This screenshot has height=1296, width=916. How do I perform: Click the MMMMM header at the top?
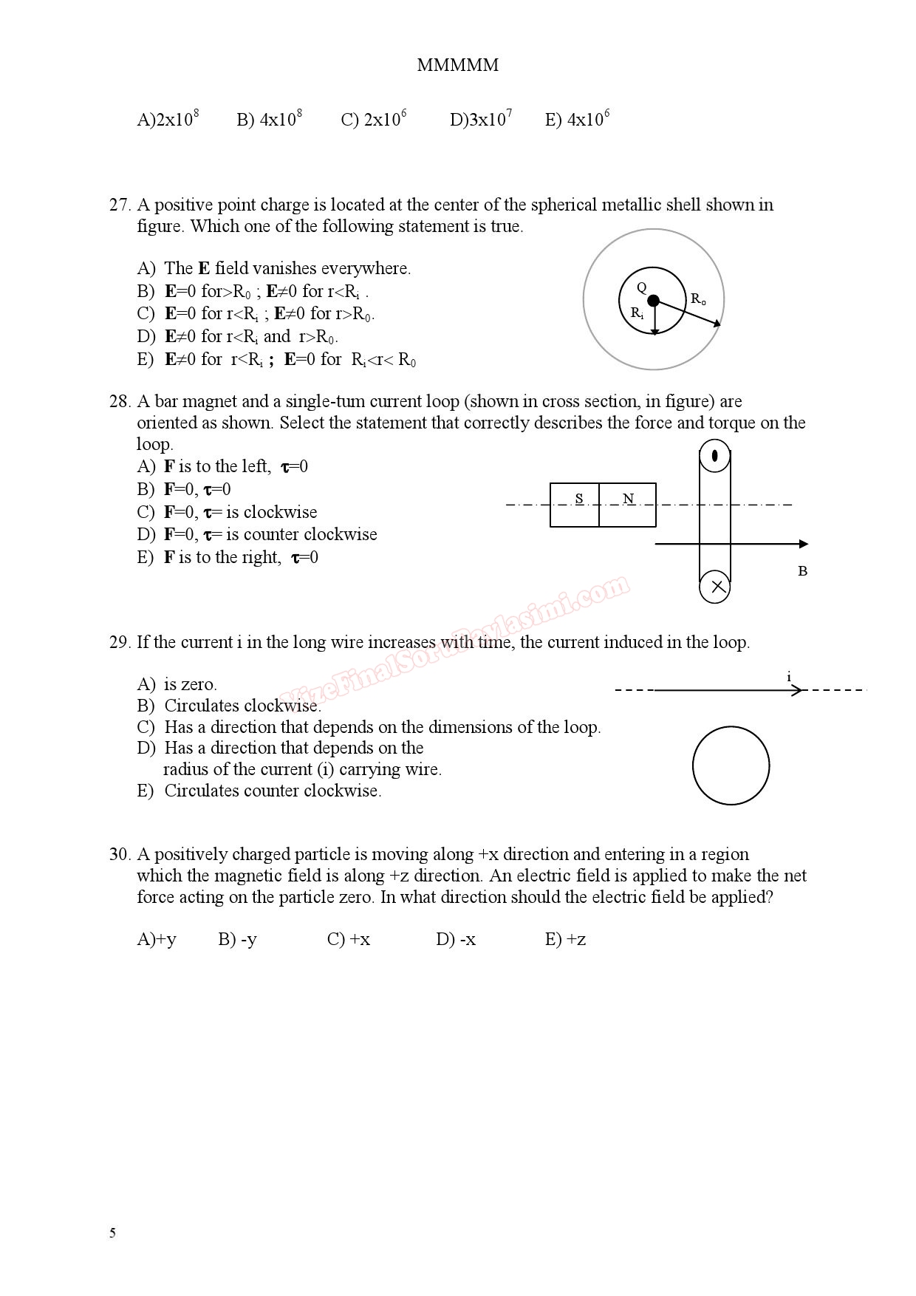coord(457,65)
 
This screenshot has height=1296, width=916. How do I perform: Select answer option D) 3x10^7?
coord(480,119)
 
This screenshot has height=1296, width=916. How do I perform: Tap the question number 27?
coord(119,205)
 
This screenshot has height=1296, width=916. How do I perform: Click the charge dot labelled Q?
coord(653,300)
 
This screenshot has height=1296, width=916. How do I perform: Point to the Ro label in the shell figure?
coord(698,299)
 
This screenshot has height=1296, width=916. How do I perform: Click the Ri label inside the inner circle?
coord(637,313)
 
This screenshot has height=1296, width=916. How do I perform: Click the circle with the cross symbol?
coord(715,587)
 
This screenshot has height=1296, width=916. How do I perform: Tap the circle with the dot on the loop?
coord(715,455)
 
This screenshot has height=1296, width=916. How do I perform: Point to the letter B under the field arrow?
coord(802,571)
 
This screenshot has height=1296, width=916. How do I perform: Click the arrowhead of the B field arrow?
coord(803,544)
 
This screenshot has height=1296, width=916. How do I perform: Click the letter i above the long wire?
coord(789,676)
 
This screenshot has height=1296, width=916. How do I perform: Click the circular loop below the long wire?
coord(731,765)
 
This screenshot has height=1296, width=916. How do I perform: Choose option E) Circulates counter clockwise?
coord(259,791)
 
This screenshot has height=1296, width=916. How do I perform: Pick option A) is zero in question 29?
coord(177,684)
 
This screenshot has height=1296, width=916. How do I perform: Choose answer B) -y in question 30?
coord(237,939)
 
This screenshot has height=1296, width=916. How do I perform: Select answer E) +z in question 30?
coord(565,939)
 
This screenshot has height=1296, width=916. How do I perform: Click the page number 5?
coord(112,1232)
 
